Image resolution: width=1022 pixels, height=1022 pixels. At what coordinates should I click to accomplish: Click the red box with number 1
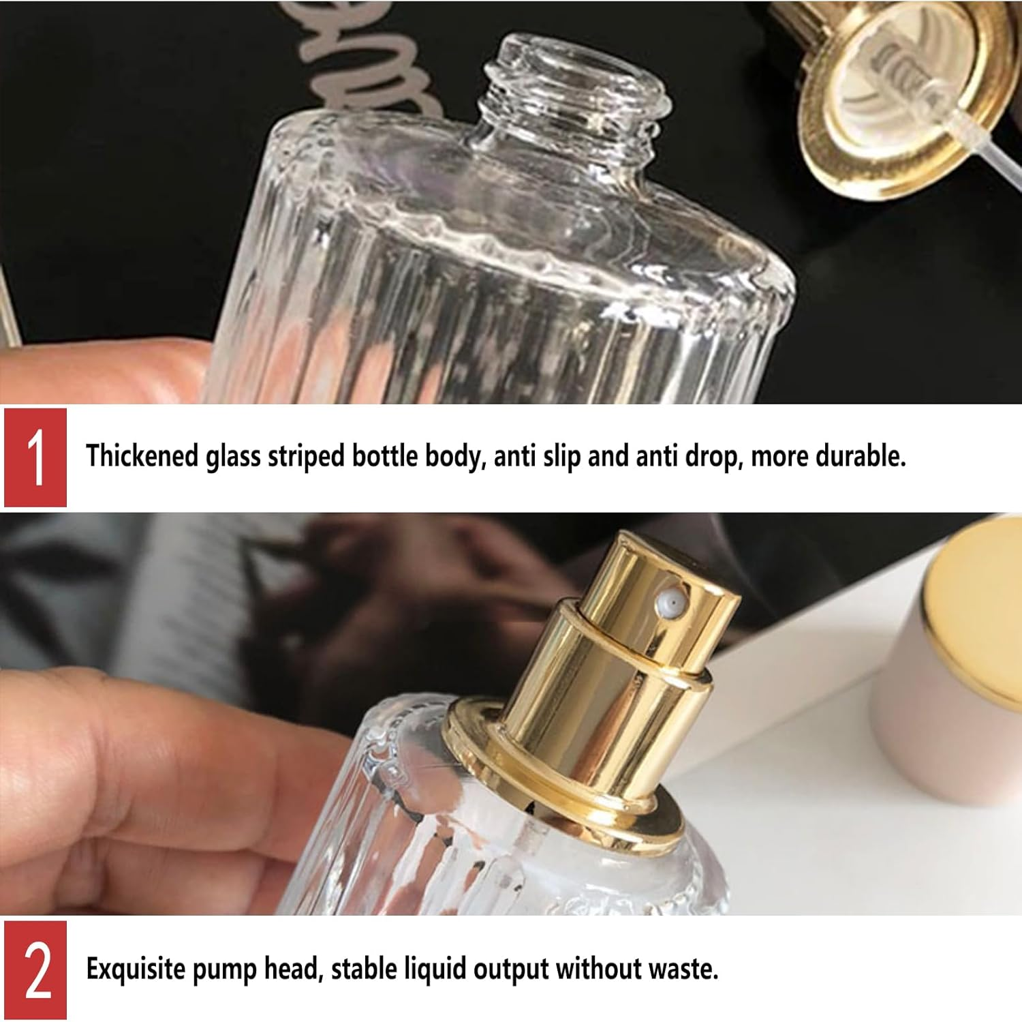point(35,457)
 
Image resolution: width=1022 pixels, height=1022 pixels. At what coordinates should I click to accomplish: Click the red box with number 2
point(35,970)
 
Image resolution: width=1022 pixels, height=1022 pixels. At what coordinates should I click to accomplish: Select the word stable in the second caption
point(369,969)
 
